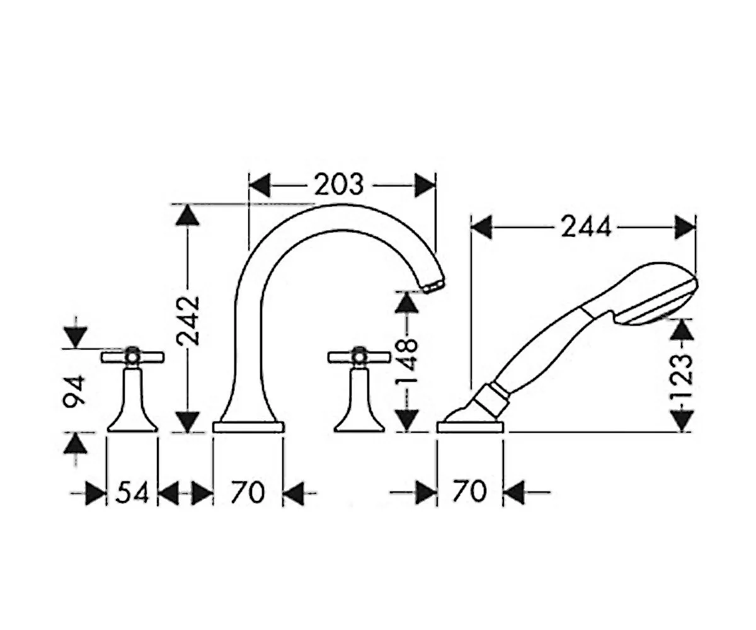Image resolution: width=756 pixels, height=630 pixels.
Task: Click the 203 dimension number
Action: coord(338,185)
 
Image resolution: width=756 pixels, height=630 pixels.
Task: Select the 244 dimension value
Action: coord(585,227)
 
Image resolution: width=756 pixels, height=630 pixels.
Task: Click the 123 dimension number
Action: coord(682,377)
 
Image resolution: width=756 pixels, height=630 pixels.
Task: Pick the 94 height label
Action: coord(74,389)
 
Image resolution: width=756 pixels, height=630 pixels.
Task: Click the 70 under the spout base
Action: coord(248,492)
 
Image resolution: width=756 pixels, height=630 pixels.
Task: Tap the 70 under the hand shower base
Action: coord(469,491)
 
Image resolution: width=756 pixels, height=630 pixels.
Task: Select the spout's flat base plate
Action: coord(248,427)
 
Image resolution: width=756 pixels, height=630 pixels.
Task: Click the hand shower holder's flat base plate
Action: coord(471,427)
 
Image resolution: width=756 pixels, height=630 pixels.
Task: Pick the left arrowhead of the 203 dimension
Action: coord(260,185)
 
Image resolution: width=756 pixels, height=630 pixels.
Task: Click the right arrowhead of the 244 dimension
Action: coord(685,227)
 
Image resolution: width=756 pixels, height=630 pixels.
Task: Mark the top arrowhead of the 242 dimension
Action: coord(187,215)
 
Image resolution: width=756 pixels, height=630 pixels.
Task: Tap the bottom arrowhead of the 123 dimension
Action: coord(682,421)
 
